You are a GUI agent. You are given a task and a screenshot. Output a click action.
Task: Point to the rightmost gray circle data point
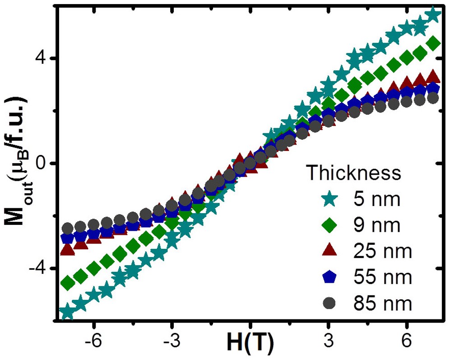click(x=433, y=98)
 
